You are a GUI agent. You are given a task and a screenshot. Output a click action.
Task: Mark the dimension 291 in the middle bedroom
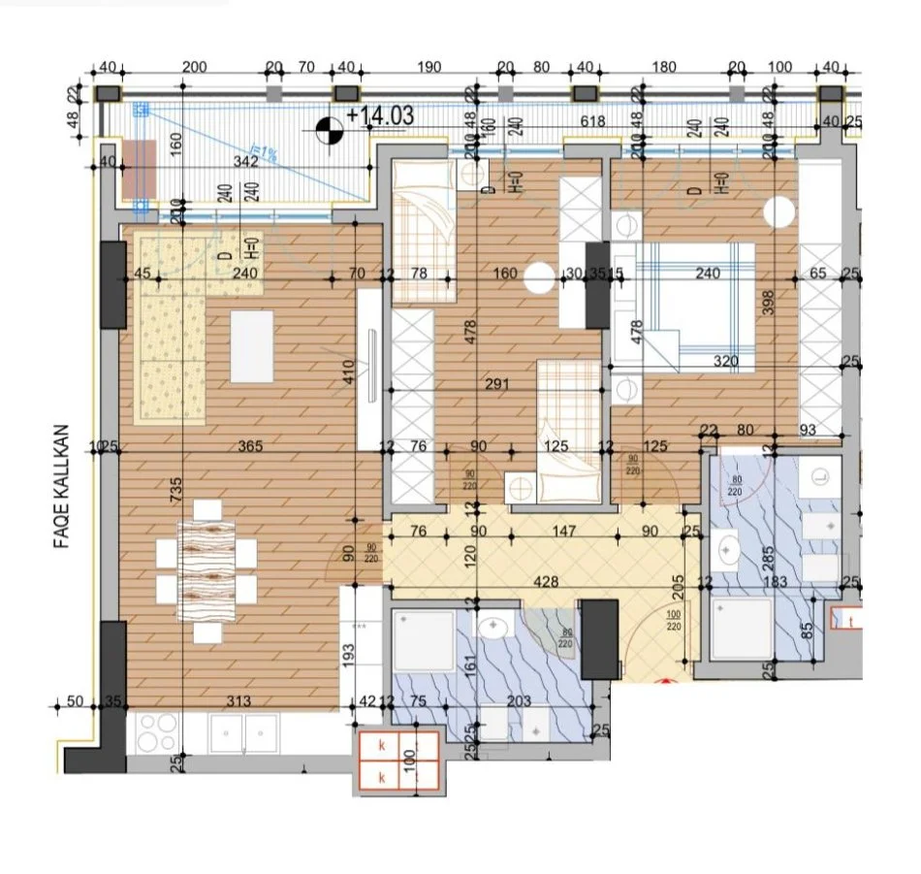495,384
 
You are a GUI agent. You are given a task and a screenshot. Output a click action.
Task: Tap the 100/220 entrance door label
674,621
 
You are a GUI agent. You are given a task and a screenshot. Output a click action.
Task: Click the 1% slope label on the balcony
265,154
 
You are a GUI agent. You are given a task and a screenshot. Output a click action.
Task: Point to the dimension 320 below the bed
725,361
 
